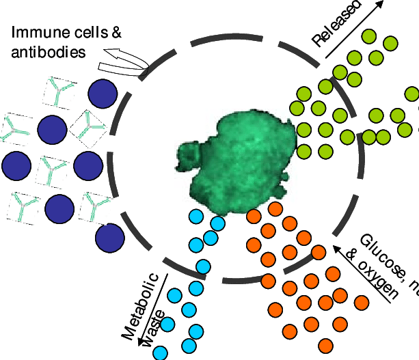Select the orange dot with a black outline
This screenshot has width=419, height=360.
[275, 209]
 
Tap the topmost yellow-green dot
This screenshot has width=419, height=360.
[369, 36]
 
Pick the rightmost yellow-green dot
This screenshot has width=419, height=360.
[412, 94]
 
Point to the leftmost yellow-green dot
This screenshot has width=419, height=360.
[297, 108]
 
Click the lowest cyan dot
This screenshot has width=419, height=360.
[160, 353]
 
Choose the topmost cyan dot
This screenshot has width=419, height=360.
[196, 217]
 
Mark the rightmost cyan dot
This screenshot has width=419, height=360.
[218, 223]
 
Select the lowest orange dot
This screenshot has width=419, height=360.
[325, 346]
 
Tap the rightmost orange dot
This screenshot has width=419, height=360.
[362, 303]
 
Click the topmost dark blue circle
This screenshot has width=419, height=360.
[103, 94]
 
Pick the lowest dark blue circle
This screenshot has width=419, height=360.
[109, 238]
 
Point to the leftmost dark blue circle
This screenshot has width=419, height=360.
[16, 166]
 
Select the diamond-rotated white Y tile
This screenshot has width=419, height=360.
[88, 129]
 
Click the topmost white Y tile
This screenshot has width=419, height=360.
[59, 93]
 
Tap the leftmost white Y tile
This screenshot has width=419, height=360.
[16, 129]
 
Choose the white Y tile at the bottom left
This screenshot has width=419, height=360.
[24, 208]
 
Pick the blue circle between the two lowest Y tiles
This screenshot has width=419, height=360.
[59, 209]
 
